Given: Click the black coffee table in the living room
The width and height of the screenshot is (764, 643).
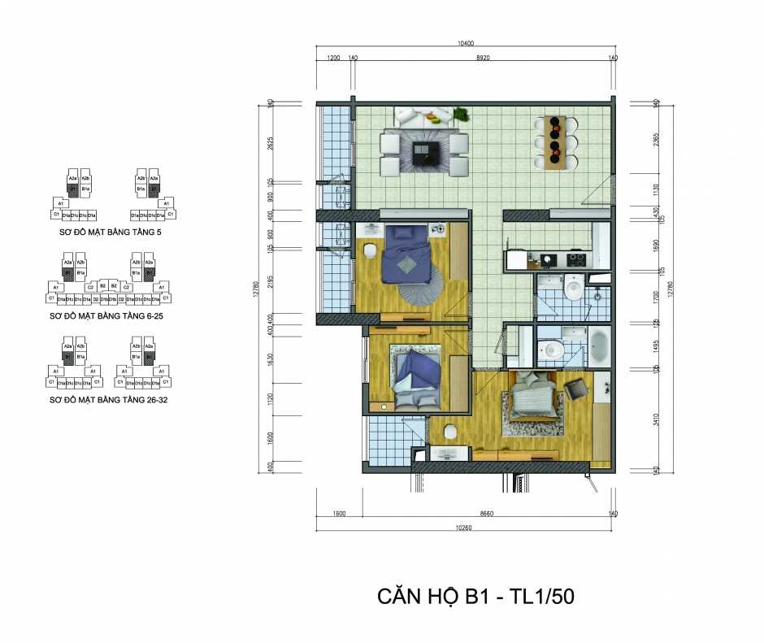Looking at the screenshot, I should [x=425, y=153].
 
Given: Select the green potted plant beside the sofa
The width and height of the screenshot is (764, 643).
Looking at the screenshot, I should [x=461, y=114].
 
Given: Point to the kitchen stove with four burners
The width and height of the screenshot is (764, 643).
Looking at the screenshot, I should [x=576, y=260].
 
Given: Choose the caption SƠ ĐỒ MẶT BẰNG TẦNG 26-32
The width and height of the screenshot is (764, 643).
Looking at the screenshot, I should [x=110, y=401].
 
